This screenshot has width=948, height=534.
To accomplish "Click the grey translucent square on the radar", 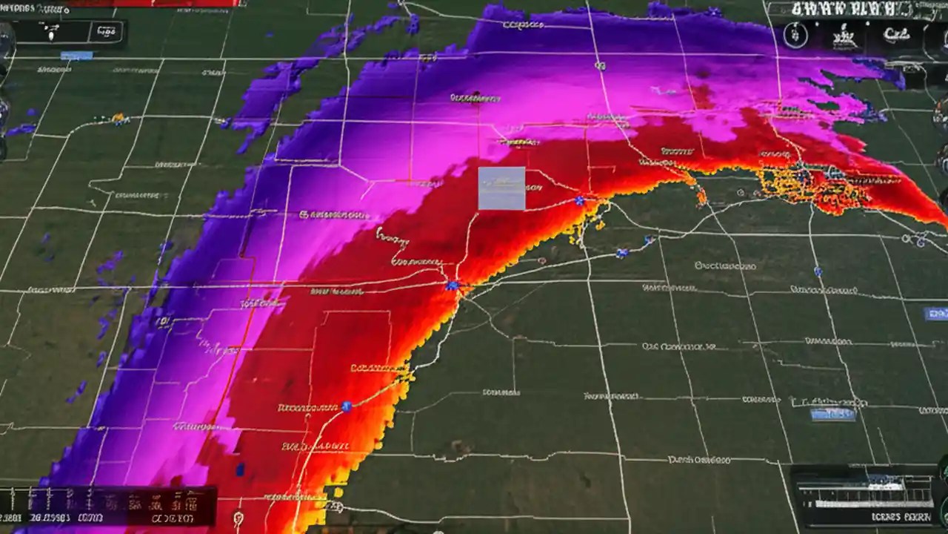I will (x=501, y=188).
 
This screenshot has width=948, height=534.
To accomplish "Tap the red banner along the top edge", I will (x=153, y=3).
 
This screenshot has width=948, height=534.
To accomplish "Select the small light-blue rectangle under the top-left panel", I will (x=76, y=56).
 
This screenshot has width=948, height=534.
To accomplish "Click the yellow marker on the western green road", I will (x=118, y=119).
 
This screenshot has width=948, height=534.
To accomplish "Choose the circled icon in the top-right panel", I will (x=795, y=36).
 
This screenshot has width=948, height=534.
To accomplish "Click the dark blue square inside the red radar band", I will (x=240, y=469).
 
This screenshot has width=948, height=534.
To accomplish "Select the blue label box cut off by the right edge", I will (x=936, y=314).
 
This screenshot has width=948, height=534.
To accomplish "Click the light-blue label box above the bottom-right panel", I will (x=833, y=415).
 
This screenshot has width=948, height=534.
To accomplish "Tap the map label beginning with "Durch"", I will (x=700, y=460).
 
